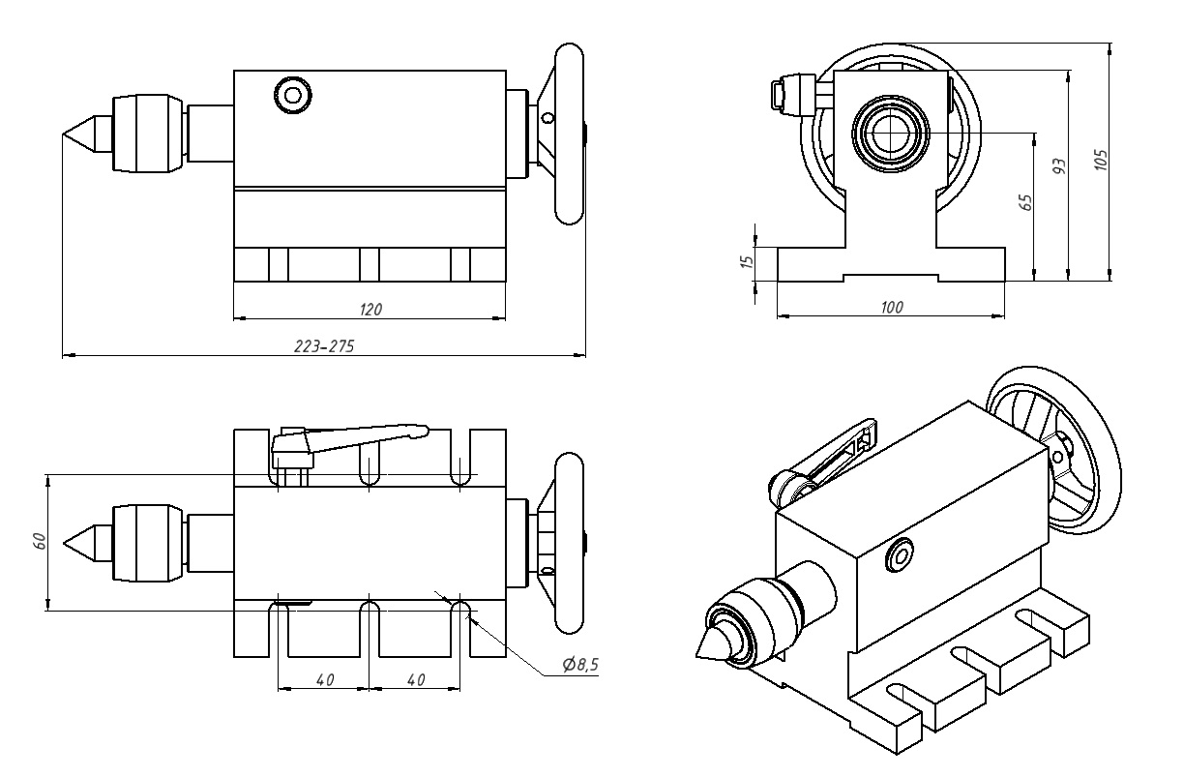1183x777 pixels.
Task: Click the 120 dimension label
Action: point(370,309)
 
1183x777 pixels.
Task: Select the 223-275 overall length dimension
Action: point(323,346)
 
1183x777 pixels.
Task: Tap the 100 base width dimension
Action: point(892,307)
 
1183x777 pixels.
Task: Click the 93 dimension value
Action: point(1059,166)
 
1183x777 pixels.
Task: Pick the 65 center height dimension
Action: point(1026,201)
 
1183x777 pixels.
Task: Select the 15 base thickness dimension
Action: point(746,261)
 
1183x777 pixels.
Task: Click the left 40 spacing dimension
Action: point(324,680)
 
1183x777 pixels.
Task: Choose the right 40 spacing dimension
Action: point(416,680)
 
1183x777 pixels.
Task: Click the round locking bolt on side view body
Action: point(292,95)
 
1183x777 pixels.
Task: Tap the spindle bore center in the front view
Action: point(891,132)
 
